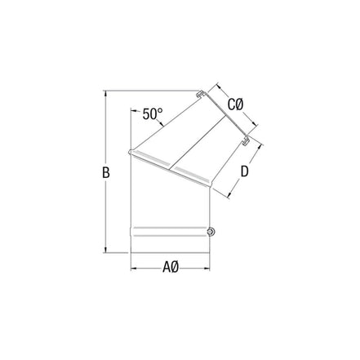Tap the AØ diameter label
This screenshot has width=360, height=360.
[170, 267]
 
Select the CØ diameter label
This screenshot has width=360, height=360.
[236, 105]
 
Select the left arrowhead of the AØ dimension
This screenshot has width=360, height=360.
[133, 267]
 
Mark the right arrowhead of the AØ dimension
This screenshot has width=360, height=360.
[210, 267]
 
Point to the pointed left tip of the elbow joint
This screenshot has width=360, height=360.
[131, 152]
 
